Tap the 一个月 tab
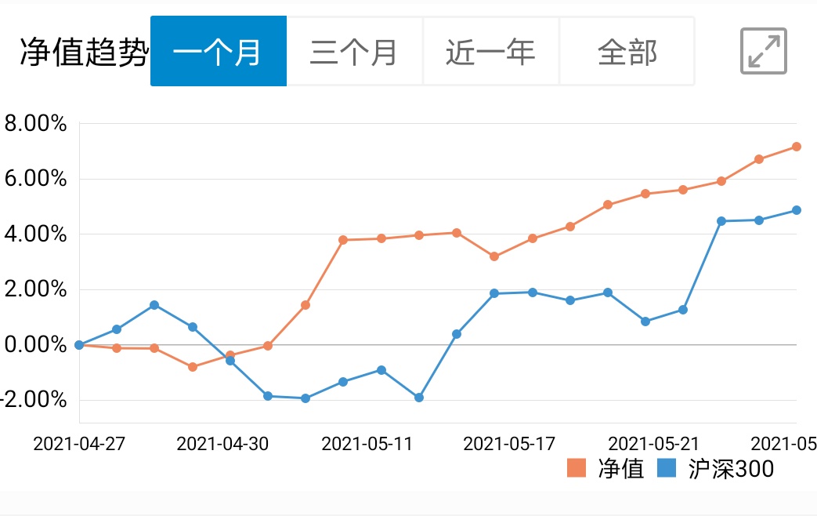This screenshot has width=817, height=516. click(218, 52)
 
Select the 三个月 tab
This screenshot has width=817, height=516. click(354, 52)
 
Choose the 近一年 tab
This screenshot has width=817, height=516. click(490, 52)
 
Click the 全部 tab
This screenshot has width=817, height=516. click(627, 52)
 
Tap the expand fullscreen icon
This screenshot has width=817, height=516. click(764, 52)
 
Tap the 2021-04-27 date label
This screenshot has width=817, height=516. click(79, 444)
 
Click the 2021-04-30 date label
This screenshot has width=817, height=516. click(222, 444)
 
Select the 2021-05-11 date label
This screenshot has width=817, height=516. click(367, 444)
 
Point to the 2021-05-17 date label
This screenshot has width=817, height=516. click(509, 444)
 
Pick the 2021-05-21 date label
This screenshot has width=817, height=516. click(653, 444)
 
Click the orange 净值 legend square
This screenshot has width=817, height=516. click(577, 468)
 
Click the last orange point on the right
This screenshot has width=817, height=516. click(796, 147)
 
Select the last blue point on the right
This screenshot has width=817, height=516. click(796, 210)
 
